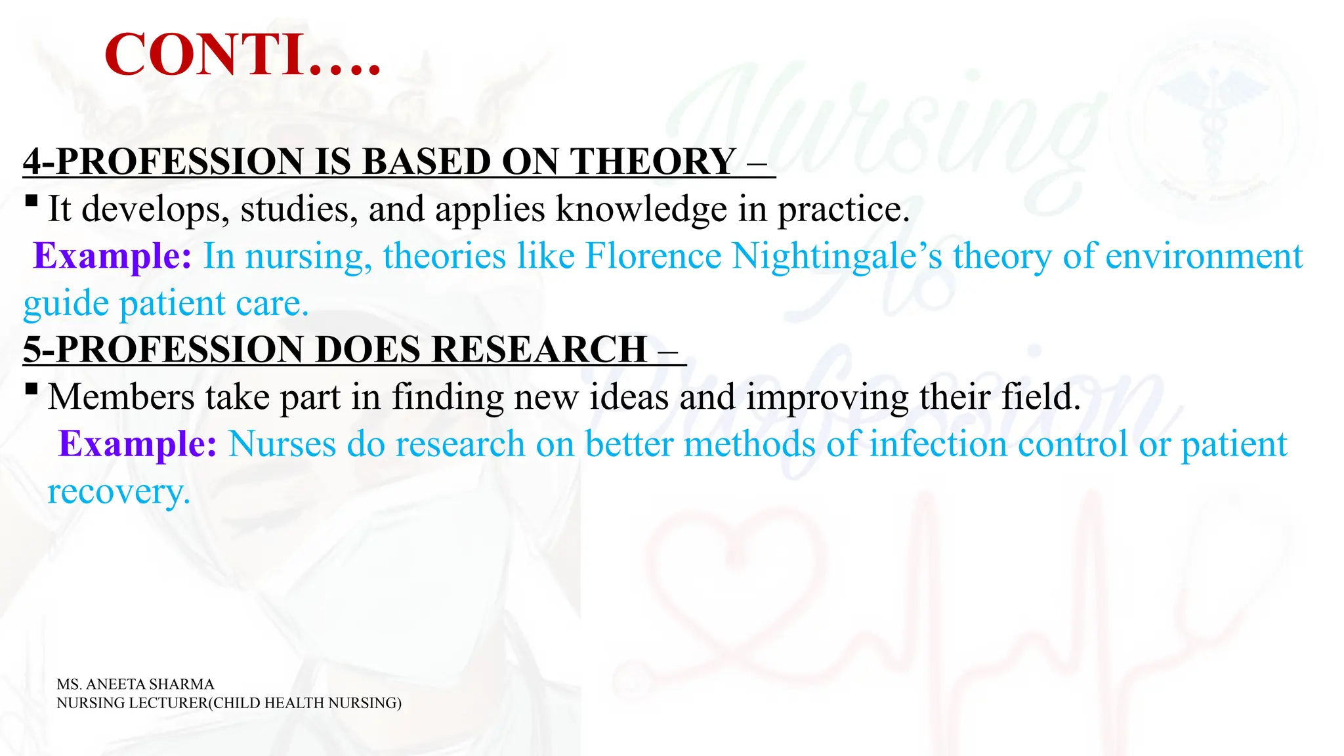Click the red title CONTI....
(242, 55)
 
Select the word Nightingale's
(837, 256)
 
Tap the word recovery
(118, 492)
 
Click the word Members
(121, 397)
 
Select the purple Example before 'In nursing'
(112, 256)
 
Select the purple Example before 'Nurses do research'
(137, 444)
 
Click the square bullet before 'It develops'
(31, 200)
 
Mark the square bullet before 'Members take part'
(31, 388)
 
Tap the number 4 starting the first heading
(33, 161)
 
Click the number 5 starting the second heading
(33, 349)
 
